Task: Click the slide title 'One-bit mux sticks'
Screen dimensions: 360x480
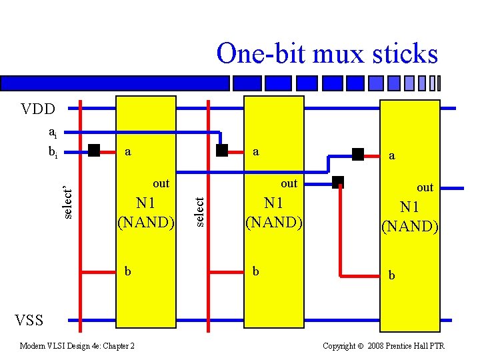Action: tap(327, 54)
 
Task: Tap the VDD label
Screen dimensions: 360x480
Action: tap(33, 109)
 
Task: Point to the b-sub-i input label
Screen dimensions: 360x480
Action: tap(52, 153)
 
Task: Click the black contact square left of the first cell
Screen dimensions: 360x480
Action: tap(94, 150)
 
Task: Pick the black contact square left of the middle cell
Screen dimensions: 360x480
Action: tap(222, 150)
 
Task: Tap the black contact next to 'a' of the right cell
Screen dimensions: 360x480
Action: tap(358, 155)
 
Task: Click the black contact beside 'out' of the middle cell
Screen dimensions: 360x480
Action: tap(338, 181)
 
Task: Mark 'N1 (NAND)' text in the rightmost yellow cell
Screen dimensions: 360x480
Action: tap(409, 216)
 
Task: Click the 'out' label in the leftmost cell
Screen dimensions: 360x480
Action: tap(161, 183)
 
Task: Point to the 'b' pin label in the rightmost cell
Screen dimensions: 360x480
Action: tap(392, 275)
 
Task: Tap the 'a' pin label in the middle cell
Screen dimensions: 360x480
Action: tap(256, 152)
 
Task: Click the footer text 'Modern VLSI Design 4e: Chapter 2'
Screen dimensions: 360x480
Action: tap(77, 345)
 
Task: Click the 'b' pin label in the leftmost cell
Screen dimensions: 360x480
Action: tap(128, 271)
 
